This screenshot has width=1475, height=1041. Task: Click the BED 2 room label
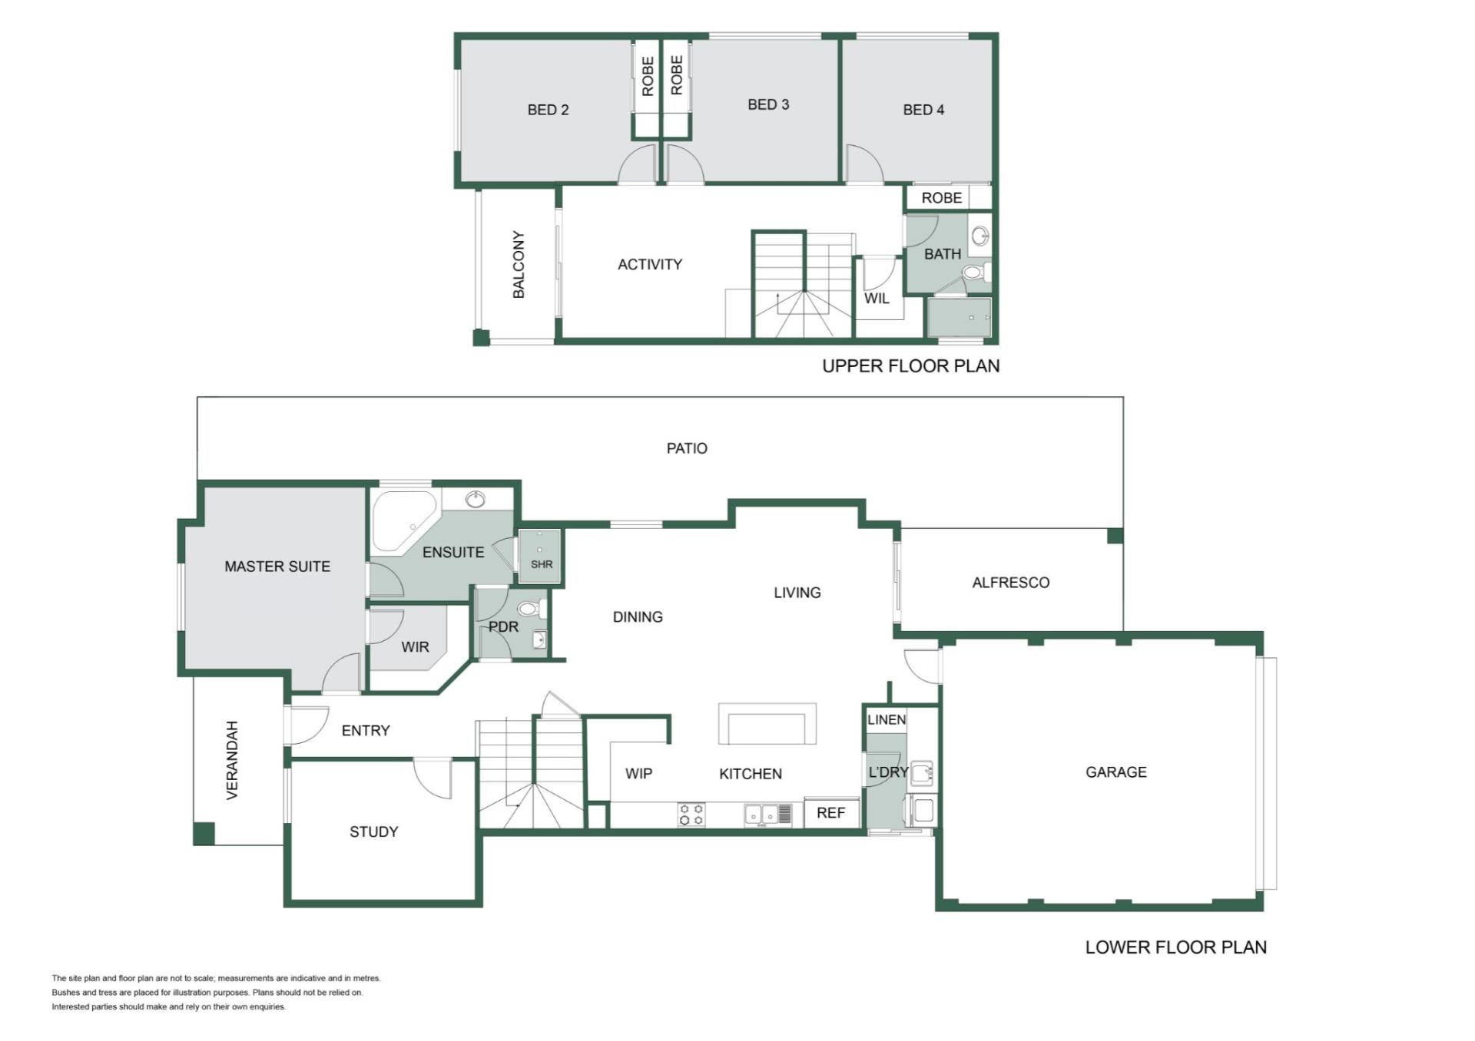point(548,110)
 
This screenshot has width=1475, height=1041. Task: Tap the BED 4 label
point(923,110)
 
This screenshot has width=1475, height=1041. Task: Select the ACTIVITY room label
point(650,264)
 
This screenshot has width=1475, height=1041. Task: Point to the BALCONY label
point(519,264)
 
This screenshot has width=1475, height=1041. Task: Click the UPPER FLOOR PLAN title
point(911,366)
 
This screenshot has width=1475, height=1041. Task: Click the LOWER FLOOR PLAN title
point(1176,947)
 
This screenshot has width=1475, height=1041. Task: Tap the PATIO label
point(687,448)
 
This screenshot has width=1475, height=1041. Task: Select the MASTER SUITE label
point(277,567)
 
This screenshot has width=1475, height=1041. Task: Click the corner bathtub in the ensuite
point(403,520)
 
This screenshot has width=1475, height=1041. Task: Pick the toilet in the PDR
point(530,610)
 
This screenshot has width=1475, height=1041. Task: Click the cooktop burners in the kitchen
point(691,815)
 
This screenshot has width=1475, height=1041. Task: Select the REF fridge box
point(831,813)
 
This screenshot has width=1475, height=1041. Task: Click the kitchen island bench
point(767,724)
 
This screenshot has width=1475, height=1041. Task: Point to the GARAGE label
point(1115,772)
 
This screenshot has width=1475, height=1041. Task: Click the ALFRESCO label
point(1011,583)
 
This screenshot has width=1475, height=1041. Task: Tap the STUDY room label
point(374,831)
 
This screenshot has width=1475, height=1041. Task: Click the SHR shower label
point(542,564)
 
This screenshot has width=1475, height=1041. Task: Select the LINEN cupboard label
point(887,719)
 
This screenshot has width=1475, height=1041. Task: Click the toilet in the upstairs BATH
point(976,273)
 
